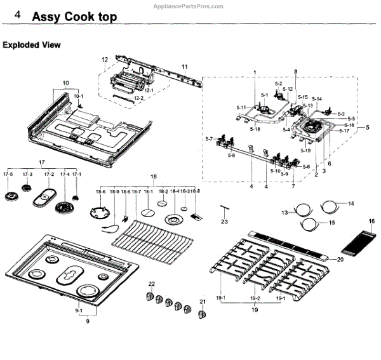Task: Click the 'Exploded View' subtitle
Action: pos(32,45)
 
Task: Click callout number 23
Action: pos(224,222)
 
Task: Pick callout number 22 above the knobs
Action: pos(152,283)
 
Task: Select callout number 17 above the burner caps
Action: pos(42,162)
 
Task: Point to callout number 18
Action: pos(152,175)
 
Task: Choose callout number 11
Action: pos(185,67)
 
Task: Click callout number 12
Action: pos(105,60)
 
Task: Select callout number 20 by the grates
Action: pos(340,259)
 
